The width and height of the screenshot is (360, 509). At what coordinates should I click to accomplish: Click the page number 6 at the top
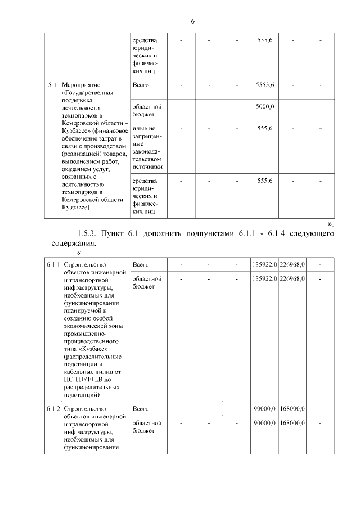click(x=192, y=21)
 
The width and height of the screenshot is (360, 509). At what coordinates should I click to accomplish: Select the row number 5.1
click(x=52, y=85)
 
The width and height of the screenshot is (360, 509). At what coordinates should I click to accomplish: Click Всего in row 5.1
click(x=139, y=85)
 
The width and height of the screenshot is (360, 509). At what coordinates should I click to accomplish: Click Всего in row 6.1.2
click(x=139, y=408)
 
